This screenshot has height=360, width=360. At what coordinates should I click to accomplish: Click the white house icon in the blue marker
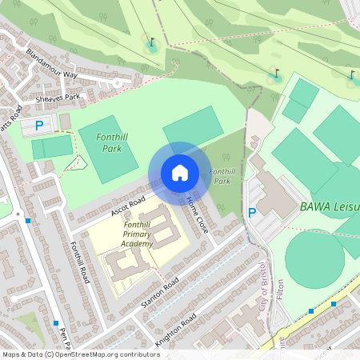179,173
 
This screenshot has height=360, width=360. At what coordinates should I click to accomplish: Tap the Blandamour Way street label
51,65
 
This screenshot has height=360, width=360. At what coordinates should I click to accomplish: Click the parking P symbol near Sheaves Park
38,125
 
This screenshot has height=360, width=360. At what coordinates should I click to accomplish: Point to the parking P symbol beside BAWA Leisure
252,213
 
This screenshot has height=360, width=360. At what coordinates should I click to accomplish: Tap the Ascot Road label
128,206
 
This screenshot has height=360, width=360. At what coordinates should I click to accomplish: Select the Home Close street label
196,214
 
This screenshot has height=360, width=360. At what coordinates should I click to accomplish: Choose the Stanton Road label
159,296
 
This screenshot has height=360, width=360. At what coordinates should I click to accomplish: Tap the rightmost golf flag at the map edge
351,77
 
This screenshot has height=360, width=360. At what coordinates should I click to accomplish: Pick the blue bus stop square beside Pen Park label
56,323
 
